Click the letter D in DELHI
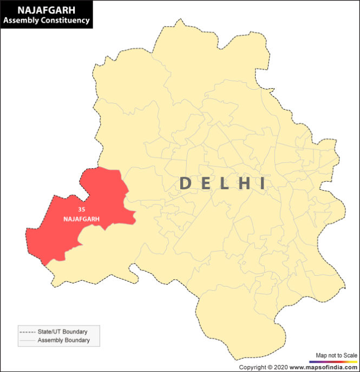(x=185, y=184)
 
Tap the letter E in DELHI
(x=206, y=184)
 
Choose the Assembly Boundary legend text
(x=63, y=341)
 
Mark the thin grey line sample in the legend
(x=27, y=341)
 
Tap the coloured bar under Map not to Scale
(x=332, y=361)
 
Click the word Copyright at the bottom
(x=252, y=368)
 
